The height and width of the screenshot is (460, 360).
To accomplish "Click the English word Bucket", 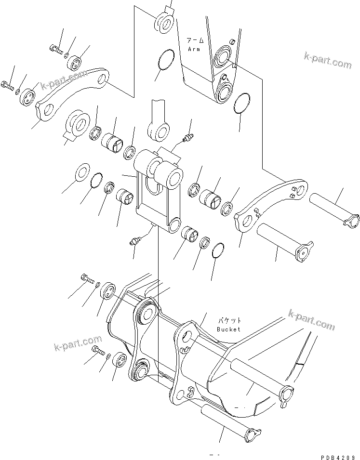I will point(228,329).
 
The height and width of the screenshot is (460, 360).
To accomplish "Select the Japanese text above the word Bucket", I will point(228,320).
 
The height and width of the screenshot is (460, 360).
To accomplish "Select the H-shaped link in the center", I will point(157,193).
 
